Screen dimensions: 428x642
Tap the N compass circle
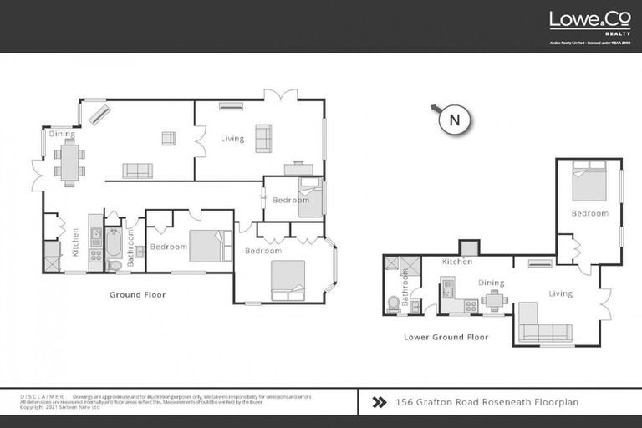(x=455, y=120)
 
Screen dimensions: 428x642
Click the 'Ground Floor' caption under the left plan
(x=138, y=294)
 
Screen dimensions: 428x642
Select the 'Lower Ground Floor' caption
(x=446, y=337)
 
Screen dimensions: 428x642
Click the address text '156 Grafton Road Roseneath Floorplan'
(x=487, y=402)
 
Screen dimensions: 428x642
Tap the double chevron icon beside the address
(x=380, y=402)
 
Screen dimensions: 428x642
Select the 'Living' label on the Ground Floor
(x=232, y=139)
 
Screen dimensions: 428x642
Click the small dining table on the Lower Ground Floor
(x=494, y=299)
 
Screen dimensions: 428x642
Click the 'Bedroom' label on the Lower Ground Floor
(x=589, y=213)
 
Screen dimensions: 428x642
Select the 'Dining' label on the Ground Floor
(x=61, y=134)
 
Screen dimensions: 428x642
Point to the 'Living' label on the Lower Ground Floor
(x=560, y=293)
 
